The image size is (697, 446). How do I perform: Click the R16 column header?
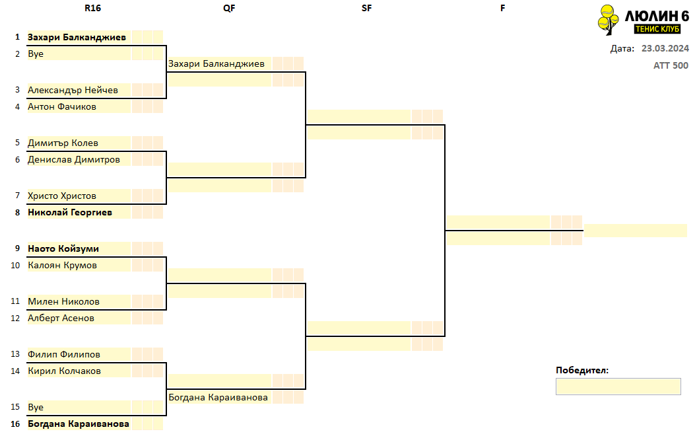tap(92, 8)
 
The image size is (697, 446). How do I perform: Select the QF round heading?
tap(229, 8)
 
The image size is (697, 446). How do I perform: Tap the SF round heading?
tap(366, 8)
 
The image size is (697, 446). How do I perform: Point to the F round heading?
tap(502, 8)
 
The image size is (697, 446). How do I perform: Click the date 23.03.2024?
tap(665, 48)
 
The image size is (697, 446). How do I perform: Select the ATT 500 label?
tap(671, 65)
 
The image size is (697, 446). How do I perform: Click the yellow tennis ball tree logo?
tap(608, 20)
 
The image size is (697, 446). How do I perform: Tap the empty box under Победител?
tap(618, 387)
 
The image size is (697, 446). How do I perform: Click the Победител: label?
tap(582, 370)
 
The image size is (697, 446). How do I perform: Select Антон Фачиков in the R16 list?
tap(62, 107)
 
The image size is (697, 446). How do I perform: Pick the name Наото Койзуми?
tap(63, 249)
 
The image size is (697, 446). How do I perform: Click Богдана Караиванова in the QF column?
tap(218, 398)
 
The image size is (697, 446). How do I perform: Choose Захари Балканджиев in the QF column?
tap(216, 63)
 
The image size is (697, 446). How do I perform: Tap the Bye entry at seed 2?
tap(36, 54)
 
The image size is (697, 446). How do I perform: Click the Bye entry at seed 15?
tap(36, 407)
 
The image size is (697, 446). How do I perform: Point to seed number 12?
tap(15, 318)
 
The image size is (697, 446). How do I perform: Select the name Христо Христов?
tap(62, 196)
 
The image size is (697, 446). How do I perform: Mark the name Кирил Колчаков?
tap(64, 371)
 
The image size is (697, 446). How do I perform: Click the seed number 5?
tap(17, 143)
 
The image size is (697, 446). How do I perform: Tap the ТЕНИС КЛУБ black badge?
tap(657, 29)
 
